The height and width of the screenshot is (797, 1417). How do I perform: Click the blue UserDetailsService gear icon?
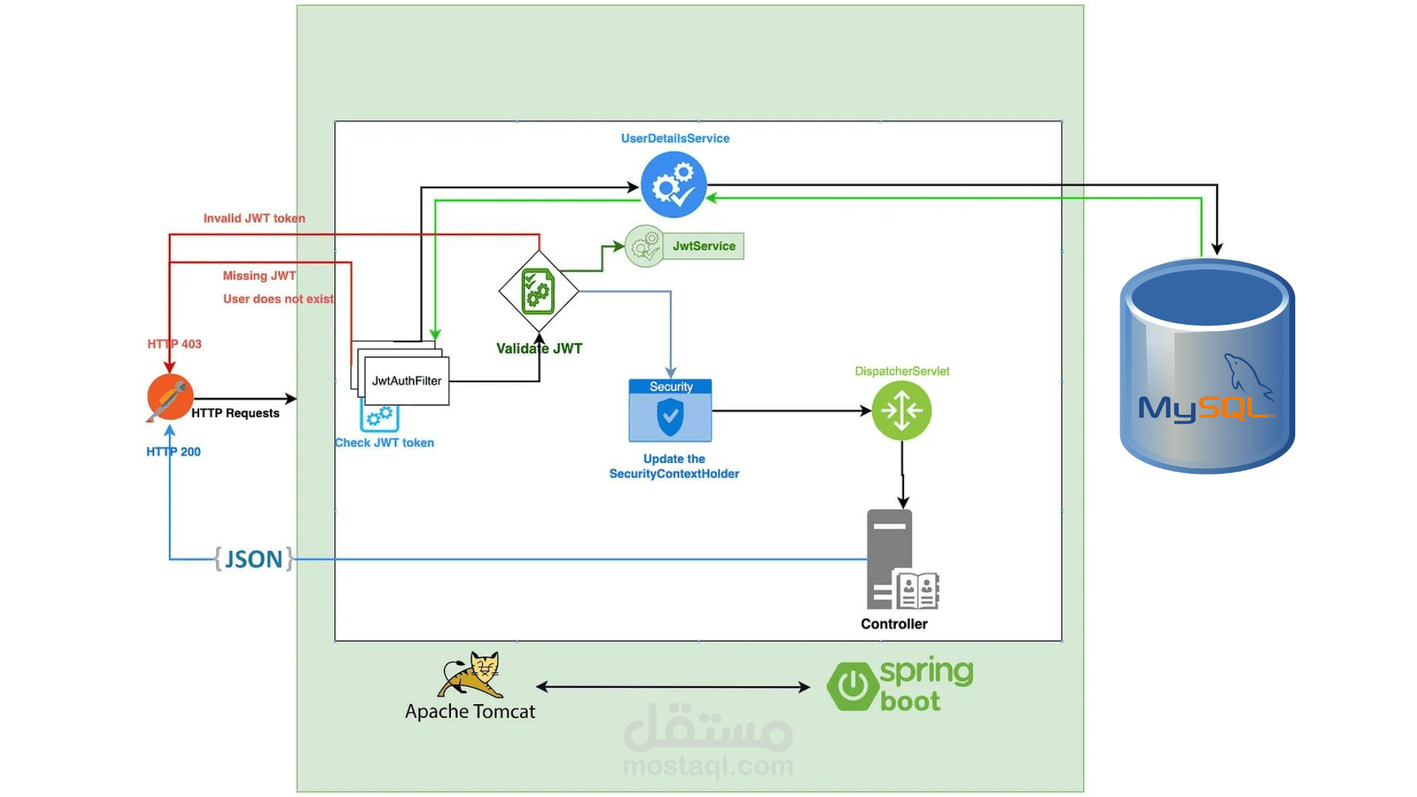[x=673, y=184]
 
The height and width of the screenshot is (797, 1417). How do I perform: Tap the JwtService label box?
[x=703, y=246]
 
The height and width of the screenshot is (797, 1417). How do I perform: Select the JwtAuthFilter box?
[x=407, y=381]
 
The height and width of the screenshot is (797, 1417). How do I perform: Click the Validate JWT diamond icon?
[x=539, y=291]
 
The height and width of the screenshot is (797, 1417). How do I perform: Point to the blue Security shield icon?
[x=670, y=417]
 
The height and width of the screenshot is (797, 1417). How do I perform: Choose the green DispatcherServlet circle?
[x=901, y=410]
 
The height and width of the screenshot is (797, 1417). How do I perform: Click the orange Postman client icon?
[x=170, y=397]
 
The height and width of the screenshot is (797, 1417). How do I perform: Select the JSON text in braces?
[x=254, y=559]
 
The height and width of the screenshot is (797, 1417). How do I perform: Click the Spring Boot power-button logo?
[x=852, y=686]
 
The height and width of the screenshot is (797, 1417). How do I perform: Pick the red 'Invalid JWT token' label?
[x=254, y=218]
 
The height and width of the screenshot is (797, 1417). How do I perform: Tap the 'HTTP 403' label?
[x=174, y=344]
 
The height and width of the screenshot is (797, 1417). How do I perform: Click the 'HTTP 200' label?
[x=173, y=452]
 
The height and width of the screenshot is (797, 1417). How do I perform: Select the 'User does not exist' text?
[x=278, y=299]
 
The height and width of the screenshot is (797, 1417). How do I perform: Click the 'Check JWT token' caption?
[x=385, y=443]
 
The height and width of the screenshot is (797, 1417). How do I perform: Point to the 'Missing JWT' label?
[x=259, y=276]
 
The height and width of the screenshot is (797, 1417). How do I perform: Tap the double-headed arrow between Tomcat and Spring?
[x=672, y=687]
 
